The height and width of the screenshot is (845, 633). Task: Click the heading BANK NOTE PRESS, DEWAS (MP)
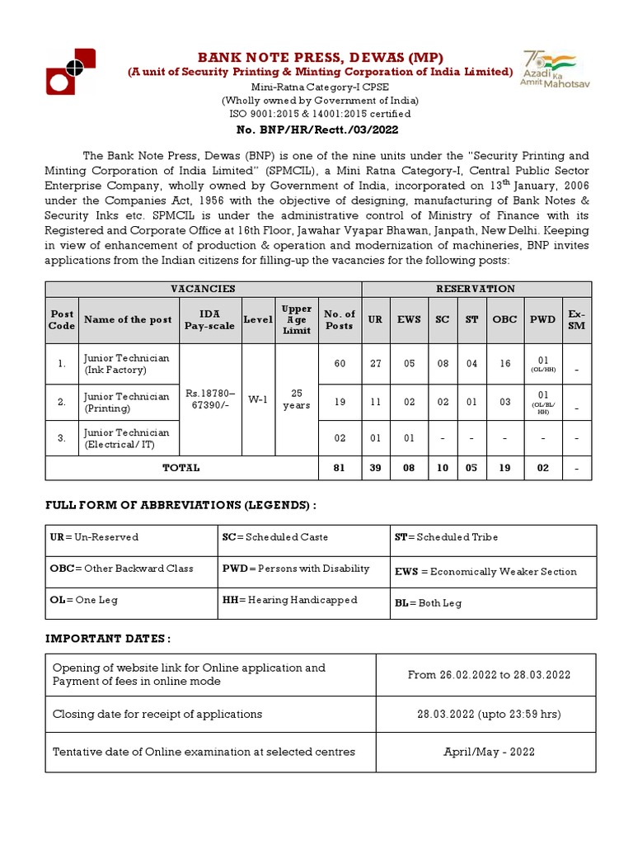(x=319, y=57)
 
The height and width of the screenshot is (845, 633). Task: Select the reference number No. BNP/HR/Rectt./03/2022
(x=318, y=129)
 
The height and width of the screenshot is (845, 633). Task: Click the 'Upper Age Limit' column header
(x=297, y=319)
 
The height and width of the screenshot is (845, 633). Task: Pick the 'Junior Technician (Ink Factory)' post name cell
(x=127, y=364)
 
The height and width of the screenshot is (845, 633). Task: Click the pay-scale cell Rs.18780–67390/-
(x=209, y=399)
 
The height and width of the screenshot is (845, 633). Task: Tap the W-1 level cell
(x=258, y=399)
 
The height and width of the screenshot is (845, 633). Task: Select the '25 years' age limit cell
(x=297, y=399)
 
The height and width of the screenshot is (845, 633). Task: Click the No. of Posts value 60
(x=340, y=364)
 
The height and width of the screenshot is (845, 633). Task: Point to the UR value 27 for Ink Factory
(x=375, y=364)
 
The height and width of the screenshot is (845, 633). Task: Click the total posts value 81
(x=340, y=468)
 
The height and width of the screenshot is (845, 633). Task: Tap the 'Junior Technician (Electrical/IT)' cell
(x=127, y=438)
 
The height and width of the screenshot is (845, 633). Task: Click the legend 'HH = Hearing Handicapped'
(x=289, y=600)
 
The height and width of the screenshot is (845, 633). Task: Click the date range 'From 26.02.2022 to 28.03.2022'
(x=489, y=674)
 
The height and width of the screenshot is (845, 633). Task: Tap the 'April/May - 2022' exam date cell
(x=489, y=752)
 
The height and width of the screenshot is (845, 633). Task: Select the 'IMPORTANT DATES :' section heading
(x=108, y=639)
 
